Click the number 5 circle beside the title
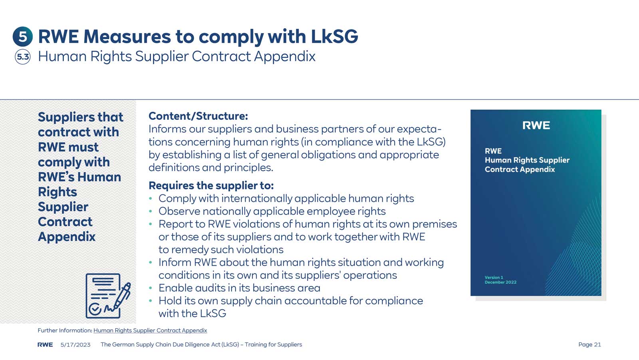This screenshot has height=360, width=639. (23, 37)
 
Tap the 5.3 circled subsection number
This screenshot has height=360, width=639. (23, 57)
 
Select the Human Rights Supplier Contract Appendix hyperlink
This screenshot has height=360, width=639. (150, 330)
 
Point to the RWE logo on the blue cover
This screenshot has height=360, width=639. (536, 125)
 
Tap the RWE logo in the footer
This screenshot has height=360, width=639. (45, 344)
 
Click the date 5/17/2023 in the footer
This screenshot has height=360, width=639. (75, 344)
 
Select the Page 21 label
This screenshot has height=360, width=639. (589, 344)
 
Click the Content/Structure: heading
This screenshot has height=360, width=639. (198, 116)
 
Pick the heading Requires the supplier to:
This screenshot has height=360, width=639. (211, 185)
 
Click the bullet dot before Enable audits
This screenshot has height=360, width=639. (151, 288)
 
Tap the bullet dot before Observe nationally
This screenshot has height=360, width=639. (151, 211)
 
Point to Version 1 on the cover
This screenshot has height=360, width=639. (494, 277)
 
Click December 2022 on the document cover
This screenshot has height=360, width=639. (500, 282)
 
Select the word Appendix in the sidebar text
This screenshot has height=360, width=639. (67, 237)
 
